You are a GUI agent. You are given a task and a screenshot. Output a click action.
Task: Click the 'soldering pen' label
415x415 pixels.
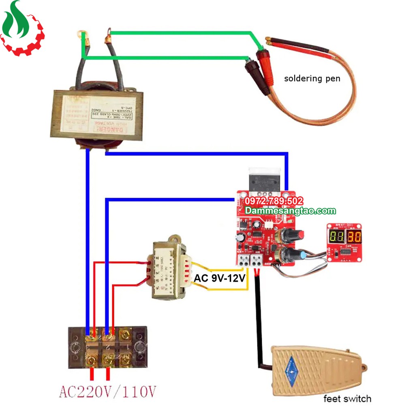[x=312, y=79]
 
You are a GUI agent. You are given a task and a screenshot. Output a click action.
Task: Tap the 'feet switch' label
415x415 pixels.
[x=347, y=399]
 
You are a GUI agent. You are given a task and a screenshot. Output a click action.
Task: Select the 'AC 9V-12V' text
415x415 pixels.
[x=220, y=278]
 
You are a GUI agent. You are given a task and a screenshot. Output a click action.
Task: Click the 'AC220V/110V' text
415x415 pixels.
[x=107, y=391]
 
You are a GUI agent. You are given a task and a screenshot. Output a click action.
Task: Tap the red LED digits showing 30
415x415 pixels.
[x=354, y=237]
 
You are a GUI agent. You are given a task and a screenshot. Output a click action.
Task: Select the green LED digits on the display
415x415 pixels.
[x=336, y=237]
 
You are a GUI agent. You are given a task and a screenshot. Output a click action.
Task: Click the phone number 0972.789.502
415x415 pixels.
[x=274, y=201]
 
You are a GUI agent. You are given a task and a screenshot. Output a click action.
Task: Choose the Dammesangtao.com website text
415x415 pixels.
[x=291, y=211]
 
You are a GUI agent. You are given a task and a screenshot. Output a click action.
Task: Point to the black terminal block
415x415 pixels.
[x=107, y=347]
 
